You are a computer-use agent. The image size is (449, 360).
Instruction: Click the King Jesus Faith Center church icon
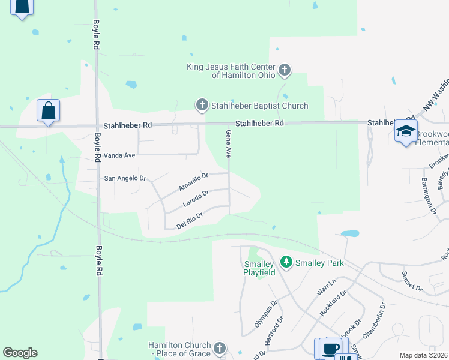tap(285, 71)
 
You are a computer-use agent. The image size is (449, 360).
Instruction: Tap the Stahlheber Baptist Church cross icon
tap(202, 106)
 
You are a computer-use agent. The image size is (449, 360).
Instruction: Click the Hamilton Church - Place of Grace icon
tap(220, 349)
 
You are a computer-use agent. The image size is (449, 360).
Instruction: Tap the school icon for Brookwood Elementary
tap(406, 132)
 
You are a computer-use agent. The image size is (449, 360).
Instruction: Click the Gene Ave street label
tap(228, 144)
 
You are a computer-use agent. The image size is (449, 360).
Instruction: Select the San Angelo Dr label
tap(125, 178)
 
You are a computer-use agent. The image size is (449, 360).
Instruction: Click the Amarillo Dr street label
tap(193, 182)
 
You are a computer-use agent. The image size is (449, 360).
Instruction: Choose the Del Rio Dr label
tap(191, 218)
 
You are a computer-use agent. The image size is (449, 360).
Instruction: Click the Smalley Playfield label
tap(259, 268)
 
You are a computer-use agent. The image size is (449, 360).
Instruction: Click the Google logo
tap(20, 353)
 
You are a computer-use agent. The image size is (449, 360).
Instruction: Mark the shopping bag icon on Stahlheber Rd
tap(48, 111)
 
